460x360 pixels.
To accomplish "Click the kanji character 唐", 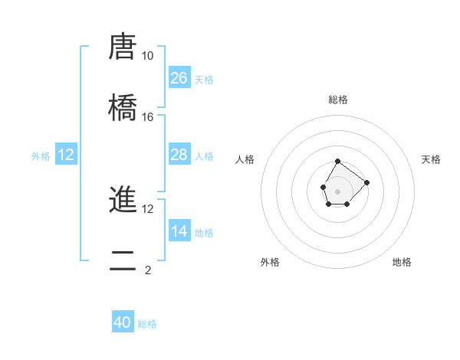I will pyautogui.click(x=123, y=47).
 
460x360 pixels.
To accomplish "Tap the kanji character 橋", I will pyautogui.click(x=123, y=107).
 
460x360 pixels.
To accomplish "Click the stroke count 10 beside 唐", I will pyautogui.click(x=148, y=56).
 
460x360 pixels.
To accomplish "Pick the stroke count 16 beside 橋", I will pyautogui.click(x=148, y=116).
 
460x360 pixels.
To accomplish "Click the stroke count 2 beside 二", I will pyautogui.click(x=148, y=270).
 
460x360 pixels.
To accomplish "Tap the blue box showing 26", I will pyautogui.click(x=179, y=78).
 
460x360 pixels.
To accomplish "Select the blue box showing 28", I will pyautogui.click(x=179, y=155).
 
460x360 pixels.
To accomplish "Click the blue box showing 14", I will pyautogui.click(x=179, y=231).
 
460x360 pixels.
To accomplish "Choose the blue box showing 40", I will pyautogui.click(x=123, y=323).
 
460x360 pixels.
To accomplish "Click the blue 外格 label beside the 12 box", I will pyautogui.click(x=41, y=156).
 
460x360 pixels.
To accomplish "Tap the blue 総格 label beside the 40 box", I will pyautogui.click(x=147, y=324).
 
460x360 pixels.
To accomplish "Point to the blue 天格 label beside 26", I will pyautogui.click(x=204, y=80).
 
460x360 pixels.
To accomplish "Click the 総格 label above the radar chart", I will pyautogui.click(x=338, y=100).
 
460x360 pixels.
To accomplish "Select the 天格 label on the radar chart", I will pyautogui.click(x=431, y=159).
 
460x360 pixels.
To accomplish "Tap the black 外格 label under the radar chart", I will pyautogui.click(x=270, y=262).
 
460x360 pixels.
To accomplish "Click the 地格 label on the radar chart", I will pyautogui.click(x=402, y=262).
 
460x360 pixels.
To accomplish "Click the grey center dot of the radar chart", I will pyautogui.click(x=337, y=190).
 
